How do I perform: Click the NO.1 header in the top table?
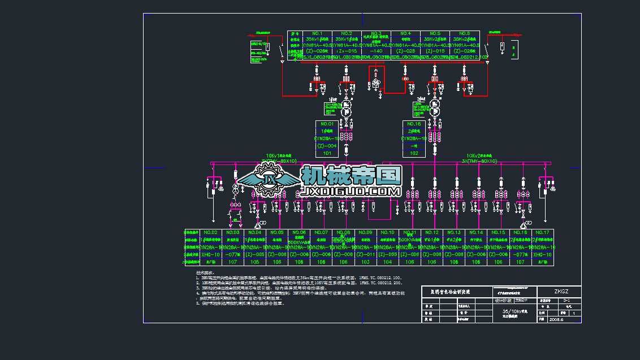317,33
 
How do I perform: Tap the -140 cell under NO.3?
376,51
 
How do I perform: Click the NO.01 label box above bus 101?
327,124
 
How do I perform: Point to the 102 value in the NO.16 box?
414,153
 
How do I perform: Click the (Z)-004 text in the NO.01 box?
327,146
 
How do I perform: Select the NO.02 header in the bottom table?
210,232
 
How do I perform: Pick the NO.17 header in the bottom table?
542,232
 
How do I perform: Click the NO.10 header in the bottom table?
387,232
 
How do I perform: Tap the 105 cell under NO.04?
254,262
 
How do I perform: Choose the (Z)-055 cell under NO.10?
387,255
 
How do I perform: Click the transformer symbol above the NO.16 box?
435,107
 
